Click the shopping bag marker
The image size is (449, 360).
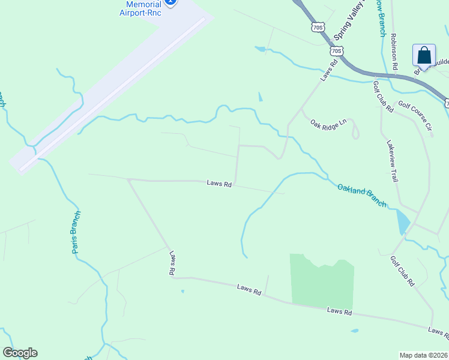pos(424,56)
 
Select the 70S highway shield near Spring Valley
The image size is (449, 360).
pos(318,27)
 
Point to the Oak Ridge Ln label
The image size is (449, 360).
pos(328,123)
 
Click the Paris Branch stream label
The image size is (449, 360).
pos(76,232)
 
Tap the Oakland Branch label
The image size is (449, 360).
pos(361,196)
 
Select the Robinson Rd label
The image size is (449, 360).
pos(394,52)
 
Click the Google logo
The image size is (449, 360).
pos(20,353)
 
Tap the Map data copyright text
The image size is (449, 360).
pos(423,355)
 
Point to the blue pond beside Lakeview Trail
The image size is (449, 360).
pos(403,222)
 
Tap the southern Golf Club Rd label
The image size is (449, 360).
pos(402,271)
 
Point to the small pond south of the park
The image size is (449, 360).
pos(355,331)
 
